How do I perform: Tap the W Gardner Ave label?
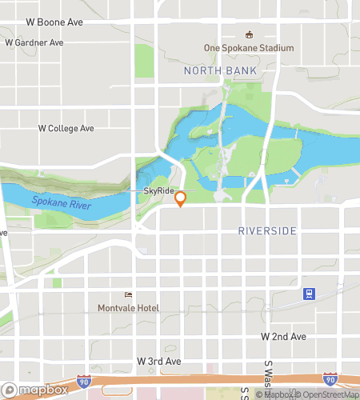point(34,42)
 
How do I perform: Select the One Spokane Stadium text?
point(249,48)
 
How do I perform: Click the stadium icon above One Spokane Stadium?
point(249,34)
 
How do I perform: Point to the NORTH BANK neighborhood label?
point(220,71)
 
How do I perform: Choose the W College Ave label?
point(66,128)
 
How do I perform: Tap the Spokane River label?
point(61,202)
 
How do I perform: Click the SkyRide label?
point(158,191)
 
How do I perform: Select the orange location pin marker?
point(181,198)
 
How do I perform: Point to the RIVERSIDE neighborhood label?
point(267,231)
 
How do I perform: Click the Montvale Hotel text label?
point(128,308)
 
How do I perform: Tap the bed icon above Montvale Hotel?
point(128,294)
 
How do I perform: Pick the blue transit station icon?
point(307,294)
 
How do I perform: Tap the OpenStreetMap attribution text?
point(329,394)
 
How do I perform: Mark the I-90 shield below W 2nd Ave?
point(330,378)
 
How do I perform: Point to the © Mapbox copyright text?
point(276,394)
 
